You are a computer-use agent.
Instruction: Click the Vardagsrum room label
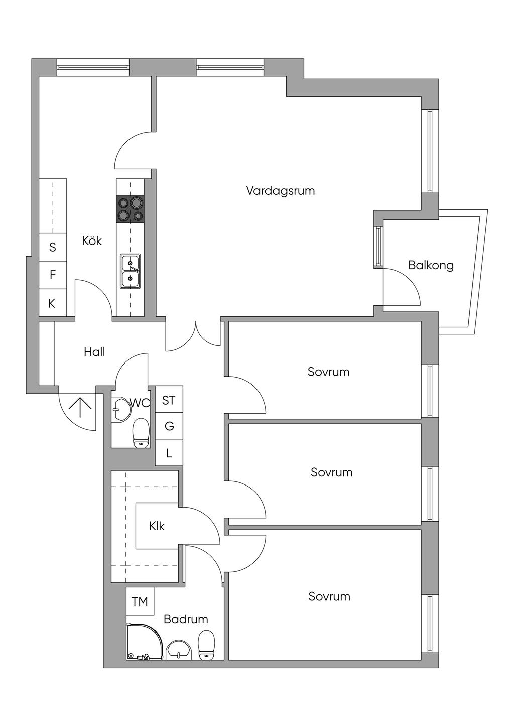pyautogui.click(x=280, y=191)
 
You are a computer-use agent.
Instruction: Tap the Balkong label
pyautogui.click(x=431, y=265)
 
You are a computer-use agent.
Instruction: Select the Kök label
pyautogui.click(x=92, y=241)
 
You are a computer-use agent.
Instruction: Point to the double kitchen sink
pyautogui.click(x=130, y=271)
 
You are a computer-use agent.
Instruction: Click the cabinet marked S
pyautogui.click(x=53, y=247)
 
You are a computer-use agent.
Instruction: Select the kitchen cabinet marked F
pyautogui.click(x=53, y=275)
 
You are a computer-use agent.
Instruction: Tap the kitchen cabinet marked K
pyautogui.click(x=52, y=303)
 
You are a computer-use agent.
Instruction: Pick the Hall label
pyautogui.click(x=94, y=352)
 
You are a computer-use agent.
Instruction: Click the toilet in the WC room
pyautogui.click(x=141, y=433)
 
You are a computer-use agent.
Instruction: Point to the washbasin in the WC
pyautogui.click(x=121, y=409)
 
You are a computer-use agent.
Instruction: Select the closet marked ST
pyautogui.click(x=169, y=400)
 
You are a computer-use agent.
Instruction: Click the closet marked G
pyautogui.click(x=169, y=426)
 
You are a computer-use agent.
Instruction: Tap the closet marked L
pyautogui.click(x=169, y=453)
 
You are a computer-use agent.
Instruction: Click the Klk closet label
pyautogui.click(x=157, y=526)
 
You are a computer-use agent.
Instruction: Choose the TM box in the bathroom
pyautogui.click(x=140, y=601)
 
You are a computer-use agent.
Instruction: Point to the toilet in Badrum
pyautogui.click(x=206, y=645)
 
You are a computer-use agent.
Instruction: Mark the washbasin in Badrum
pyautogui.click(x=179, y=649)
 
